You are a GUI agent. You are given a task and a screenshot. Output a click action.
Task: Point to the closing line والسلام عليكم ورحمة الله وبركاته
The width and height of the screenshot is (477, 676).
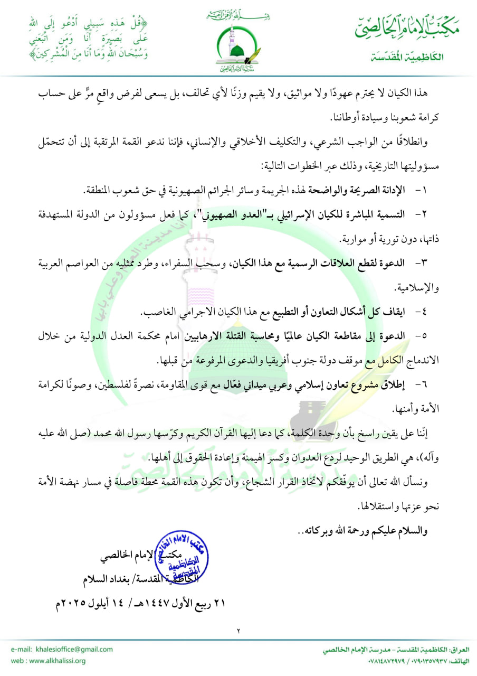[364, 531]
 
